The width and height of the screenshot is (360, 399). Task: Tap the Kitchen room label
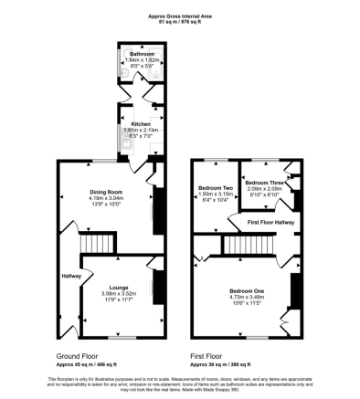pyautogui.click(x=140, y=122)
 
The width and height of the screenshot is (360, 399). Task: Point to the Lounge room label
pyautogui.click(x=118, y=286)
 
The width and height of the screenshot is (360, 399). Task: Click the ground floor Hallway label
pyautogui.click(x=70, y=275)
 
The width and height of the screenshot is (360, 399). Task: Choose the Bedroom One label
pyautogui.click(x=245, y=289)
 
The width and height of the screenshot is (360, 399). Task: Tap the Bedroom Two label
pyautogui.click(x=216, y=188)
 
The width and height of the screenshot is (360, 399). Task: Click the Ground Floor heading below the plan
pyautogui.click(x=77, y=357)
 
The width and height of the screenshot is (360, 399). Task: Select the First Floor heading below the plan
pyautogui.click(x=207, y=357)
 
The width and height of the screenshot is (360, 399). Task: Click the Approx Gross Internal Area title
pyautogui.click(x=179, y=16)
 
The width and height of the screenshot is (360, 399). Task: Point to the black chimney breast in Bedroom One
pyautogui.click(x=293, y=290)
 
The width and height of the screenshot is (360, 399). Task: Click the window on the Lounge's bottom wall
pyautogui.click(x=117, y=337)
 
